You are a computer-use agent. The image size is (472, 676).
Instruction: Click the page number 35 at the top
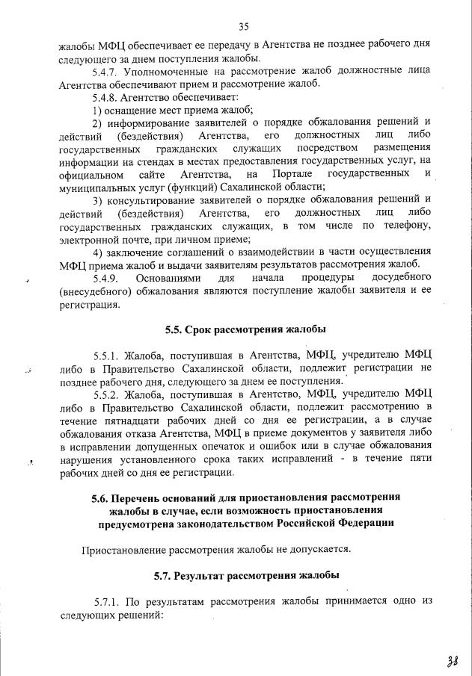click(x=243, y=27)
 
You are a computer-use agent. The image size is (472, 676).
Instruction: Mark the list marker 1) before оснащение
click(x=97, y=111)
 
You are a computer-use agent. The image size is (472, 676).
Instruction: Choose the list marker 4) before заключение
click(x=97, y=252)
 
